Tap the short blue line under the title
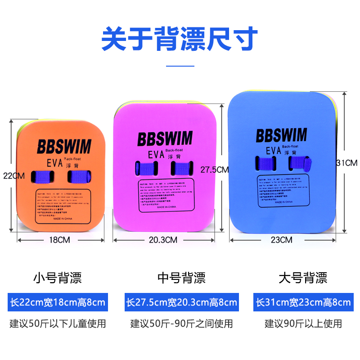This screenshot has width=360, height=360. pos(180,66)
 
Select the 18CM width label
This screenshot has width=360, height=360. pos(60,240)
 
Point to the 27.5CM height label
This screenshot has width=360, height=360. pos(215,170)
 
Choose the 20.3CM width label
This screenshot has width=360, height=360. pos(163,240)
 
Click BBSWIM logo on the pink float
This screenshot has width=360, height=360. pos(165,138)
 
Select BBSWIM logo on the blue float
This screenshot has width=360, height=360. pos(282,135)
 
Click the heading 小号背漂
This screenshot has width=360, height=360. pos(58,278)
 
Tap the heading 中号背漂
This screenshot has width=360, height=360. pos(181,278)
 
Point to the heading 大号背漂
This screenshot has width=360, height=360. pos(303,278)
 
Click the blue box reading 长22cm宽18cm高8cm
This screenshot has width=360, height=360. pos(58,302)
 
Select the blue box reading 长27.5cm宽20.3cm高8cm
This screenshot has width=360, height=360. pos(181,302)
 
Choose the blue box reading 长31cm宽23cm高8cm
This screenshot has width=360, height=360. pos(303,302)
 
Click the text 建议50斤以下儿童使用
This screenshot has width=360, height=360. pos(58,324)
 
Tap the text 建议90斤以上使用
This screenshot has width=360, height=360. pos(303,324)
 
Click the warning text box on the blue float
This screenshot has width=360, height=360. pos(283,191)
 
